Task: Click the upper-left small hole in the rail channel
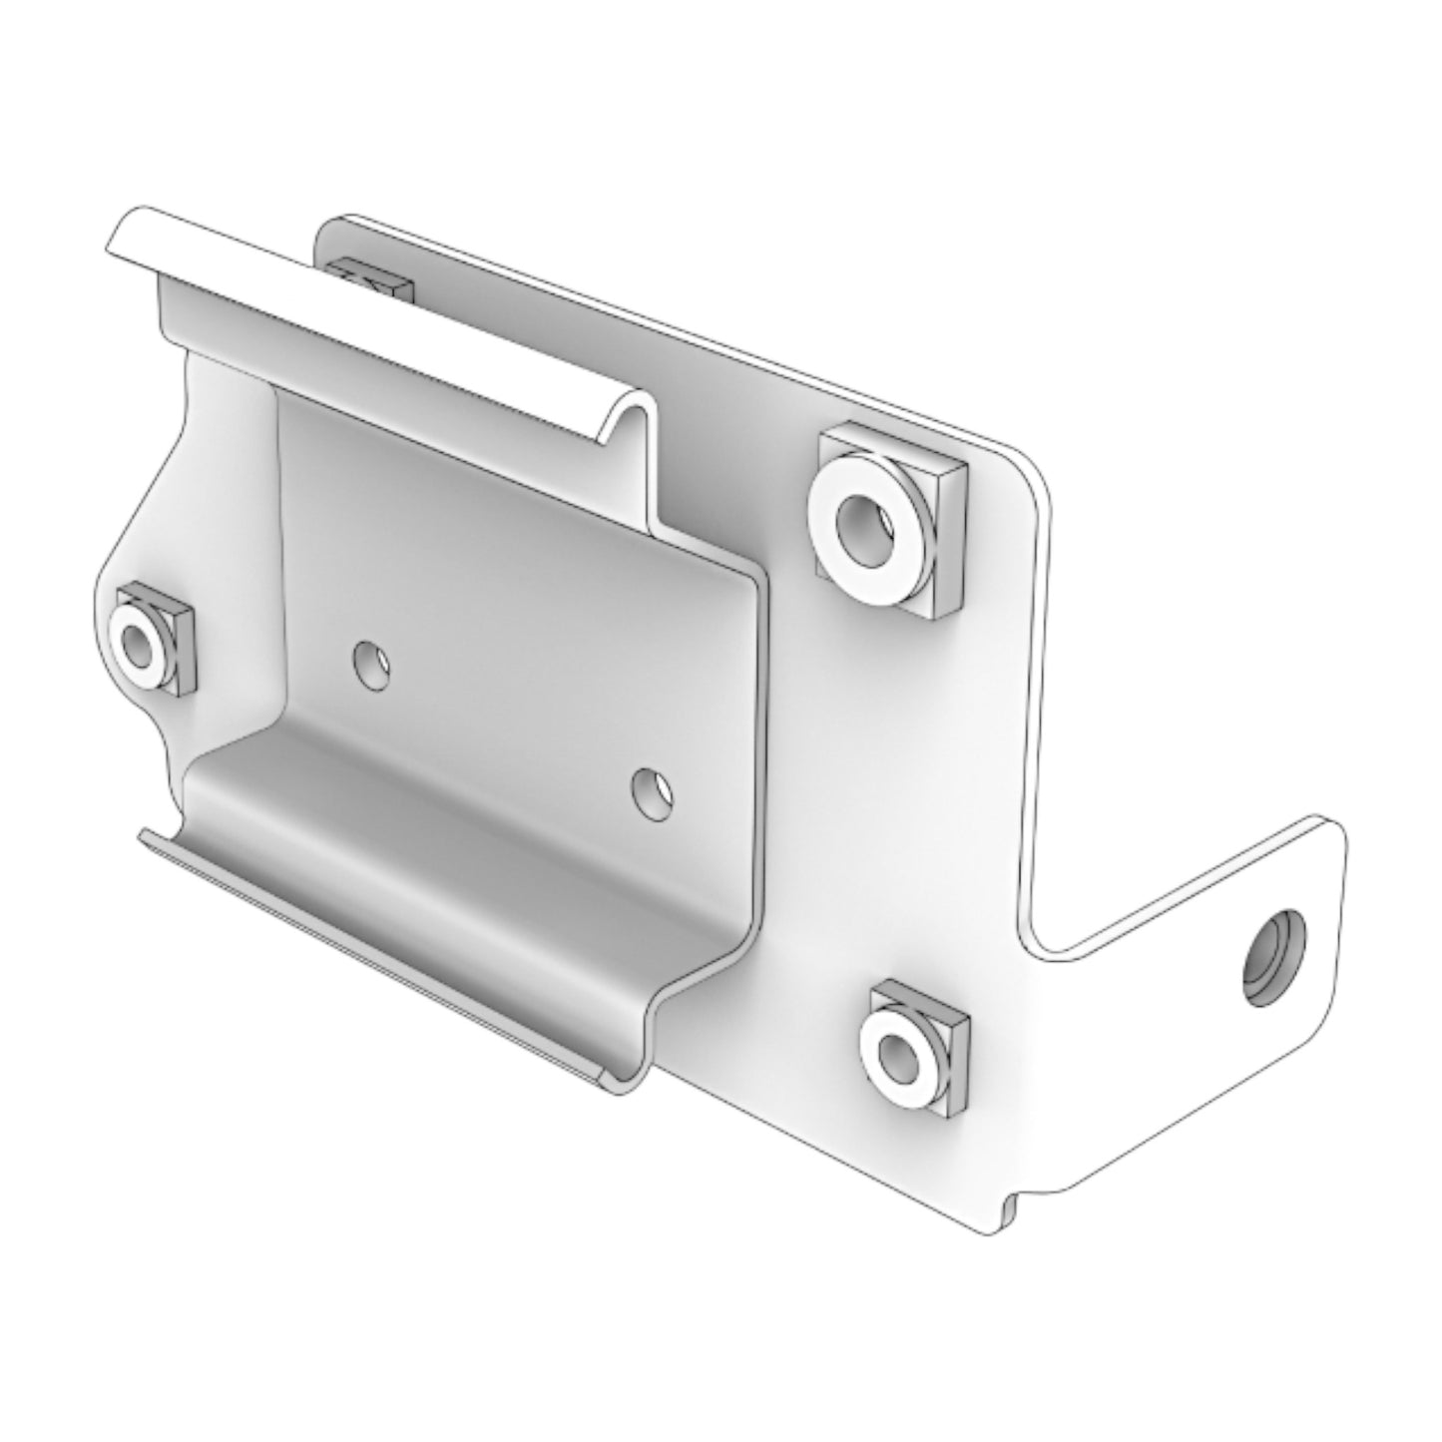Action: [372, 664]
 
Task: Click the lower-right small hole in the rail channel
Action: [652, 788]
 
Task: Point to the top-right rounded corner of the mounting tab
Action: [1332, 828]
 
